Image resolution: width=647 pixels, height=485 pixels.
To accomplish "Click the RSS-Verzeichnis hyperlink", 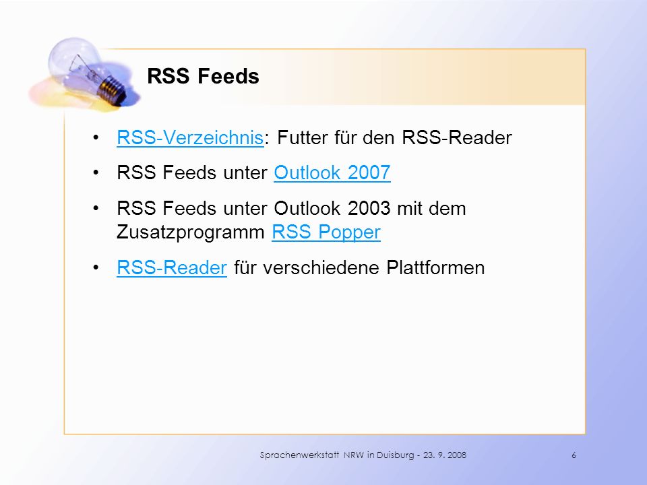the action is [190, 137].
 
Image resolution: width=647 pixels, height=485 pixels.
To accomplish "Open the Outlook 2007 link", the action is [332, 173].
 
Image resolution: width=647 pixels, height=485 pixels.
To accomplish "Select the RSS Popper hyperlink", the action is [326, 232].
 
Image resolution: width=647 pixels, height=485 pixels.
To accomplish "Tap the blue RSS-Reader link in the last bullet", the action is [172, 267].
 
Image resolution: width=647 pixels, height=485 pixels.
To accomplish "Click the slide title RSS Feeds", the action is [203, 76].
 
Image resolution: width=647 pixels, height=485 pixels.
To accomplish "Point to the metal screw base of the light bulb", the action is [112, 90].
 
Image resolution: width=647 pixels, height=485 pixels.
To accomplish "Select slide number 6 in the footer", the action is [574, 455].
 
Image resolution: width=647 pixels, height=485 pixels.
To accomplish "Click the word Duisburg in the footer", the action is [396, 455].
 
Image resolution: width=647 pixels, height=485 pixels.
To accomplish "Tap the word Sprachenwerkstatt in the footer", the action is [299, 455].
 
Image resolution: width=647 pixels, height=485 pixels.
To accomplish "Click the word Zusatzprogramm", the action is [191, 232].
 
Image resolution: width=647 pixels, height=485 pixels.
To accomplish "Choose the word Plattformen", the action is [435, 267].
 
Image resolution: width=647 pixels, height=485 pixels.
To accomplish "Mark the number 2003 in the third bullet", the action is [369, 208].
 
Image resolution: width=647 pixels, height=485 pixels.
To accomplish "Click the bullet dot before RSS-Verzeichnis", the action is [96, 137].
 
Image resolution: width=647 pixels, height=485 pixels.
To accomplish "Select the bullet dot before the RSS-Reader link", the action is [96, 267].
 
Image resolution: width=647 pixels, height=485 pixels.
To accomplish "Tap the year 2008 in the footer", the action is [457, 455].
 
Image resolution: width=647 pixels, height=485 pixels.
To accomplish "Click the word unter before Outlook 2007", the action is [245, 173].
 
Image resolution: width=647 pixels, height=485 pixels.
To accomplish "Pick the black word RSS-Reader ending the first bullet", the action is [457, 137].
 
